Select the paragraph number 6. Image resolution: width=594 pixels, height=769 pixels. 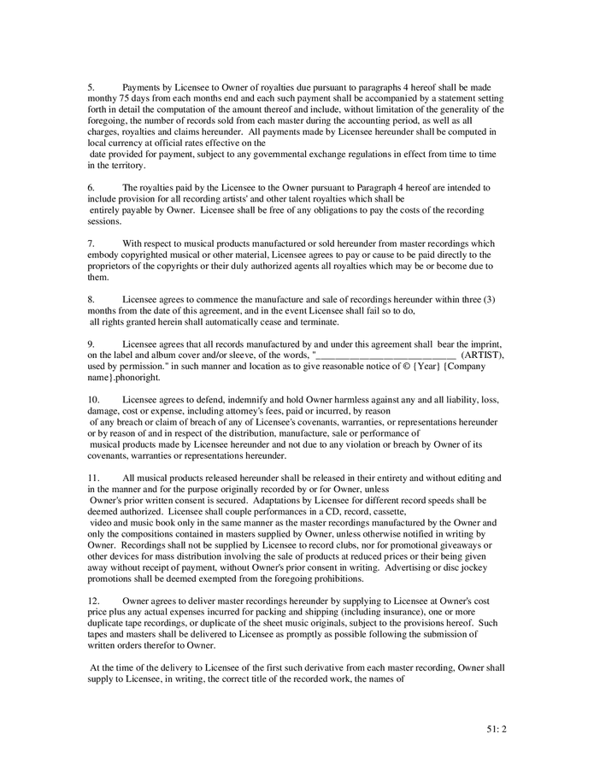click(x=91, y=187)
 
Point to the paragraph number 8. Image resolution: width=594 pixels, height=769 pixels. click(x=91, y=300)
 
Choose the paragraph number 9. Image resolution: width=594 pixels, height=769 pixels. click(x=91, y=343)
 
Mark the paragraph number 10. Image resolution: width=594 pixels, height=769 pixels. click(x=93, y=399)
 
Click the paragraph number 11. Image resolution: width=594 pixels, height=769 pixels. click(x=93, y=478)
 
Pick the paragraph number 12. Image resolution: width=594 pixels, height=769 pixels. click(x=93, y=601)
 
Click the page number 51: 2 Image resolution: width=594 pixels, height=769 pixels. click(x=493, y=728)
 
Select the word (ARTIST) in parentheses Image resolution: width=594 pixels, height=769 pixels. click(x=482, y=355)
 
